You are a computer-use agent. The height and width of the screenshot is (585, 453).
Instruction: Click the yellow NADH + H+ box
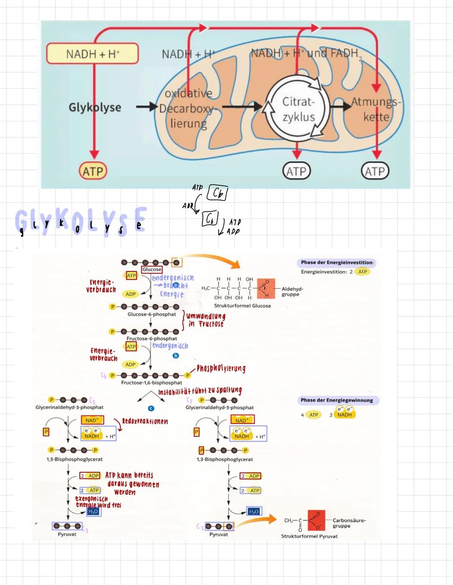[x=92, y=54]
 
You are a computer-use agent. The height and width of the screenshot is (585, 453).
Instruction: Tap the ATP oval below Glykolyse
[x=93, y=171]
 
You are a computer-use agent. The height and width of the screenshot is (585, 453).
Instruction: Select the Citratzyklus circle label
[x=298, y=109]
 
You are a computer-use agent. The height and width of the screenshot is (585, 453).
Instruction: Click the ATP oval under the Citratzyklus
[x=297, y=171]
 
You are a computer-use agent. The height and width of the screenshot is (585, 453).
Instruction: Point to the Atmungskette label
[x=376, y=109]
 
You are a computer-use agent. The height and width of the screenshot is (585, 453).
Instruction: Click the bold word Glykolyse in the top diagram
[x=95, y=107]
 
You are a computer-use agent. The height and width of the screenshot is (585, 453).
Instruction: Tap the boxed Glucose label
[x=152, y=270]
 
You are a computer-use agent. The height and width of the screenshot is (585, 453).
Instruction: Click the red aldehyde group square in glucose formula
[x=266, y=289]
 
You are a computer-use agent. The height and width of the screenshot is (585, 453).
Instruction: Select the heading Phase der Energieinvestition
[x=337, y=263]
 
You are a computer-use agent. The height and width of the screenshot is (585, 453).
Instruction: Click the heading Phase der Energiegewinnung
[x=337, y=400]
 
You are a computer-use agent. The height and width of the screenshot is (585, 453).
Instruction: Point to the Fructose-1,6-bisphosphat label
[x=151, y=382]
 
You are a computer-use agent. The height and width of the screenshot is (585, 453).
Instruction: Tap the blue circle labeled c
[x=151, y=408]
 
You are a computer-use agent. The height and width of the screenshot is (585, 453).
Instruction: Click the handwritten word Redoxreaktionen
[x=145, y=421]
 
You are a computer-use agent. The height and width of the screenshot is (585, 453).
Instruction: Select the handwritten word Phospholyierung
[x=221, y=368]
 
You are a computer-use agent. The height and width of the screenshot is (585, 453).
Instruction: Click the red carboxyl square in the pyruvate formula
[x=316, y=520]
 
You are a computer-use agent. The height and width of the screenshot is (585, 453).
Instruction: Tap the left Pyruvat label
[x=67, y=534]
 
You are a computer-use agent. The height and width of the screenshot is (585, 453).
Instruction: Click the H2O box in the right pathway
[x=254, y=511]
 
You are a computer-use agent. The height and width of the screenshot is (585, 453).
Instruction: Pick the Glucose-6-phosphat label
[x=152, y=314]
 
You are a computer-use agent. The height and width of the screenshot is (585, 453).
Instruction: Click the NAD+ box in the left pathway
[x=92, y=420]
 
